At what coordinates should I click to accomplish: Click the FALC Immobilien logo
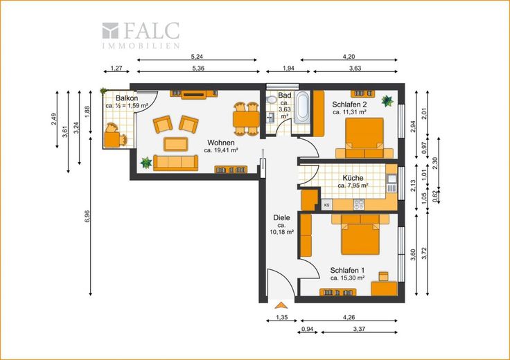pyautogui.click(x=141, y=35)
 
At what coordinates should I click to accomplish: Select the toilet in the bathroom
pyautogui.click(x=270, y=99)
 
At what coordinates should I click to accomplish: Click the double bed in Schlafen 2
pyautogui.click(x=364, y=138)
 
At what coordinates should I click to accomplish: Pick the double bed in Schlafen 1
pyautogui.click(x=360, y=235)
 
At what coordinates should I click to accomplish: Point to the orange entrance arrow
pyautogui.click(x=281, y=305)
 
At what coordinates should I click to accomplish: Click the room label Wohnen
pyautogui.click(x=221, y=143)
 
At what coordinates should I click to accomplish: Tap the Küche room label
pyautogui.click(x=353, y=178)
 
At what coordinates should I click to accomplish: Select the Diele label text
pyautogui.click(x=281, y=217)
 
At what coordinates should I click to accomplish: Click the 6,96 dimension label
pyautogui.click(x=87, y=217)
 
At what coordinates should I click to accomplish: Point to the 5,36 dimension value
pyautogui.click(x=198, y=69)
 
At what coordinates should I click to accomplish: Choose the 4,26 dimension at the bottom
pyautogui.click(x=349, y=318)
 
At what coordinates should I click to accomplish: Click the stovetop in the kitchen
pyautogui.click(x=359, y=204)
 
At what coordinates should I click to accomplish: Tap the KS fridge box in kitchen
pyautogui.click(x=327, y=205)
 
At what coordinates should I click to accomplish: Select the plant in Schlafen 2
pyautogui.click(x=387, y=101)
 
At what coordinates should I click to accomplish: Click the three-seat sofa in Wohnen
pyautogui.click(x=175, y=163)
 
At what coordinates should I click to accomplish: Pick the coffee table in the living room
pyautogui.click(x=175, y=144)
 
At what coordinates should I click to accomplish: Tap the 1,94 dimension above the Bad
pyautogui.click(x=288, y=69)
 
